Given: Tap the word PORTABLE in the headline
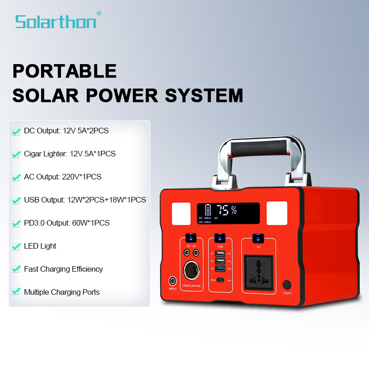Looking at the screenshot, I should [64, 71].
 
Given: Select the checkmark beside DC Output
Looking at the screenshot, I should [16, 131].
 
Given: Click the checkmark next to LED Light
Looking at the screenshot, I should [16, 247].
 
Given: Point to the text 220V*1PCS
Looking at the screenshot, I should [82, 177].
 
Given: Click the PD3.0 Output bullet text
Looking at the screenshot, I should [66, 223].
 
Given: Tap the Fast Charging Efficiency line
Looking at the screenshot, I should [63, 269].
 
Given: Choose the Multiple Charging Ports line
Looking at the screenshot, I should [61, 292].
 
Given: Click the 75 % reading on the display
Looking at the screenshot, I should [227, 210].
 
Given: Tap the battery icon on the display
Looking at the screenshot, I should [208, 210].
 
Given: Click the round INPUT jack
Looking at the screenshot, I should [173, 280].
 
